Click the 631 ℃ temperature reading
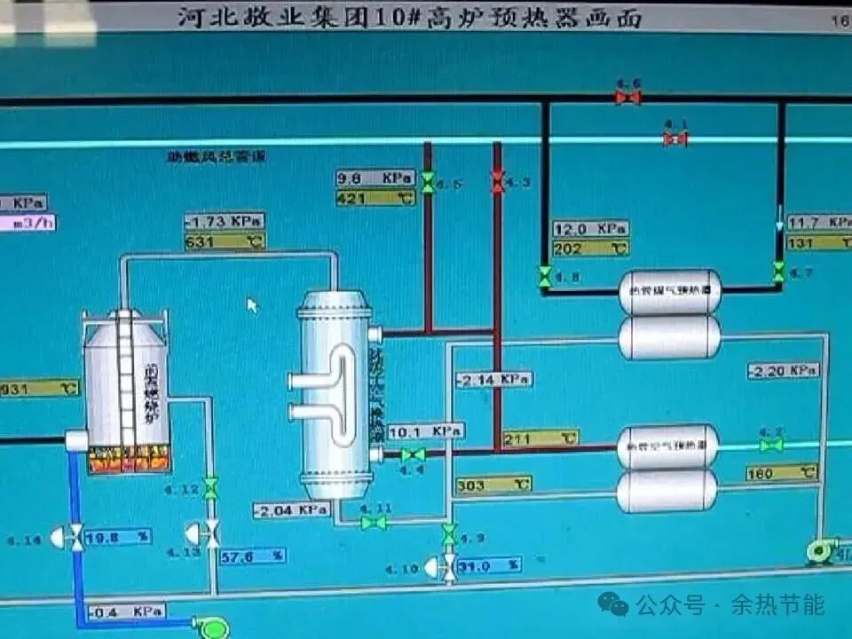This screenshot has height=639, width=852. click(x=224, y=241)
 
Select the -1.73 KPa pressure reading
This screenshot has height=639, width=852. click(x=224, y=221)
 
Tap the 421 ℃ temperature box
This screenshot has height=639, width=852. click(x=375, y=198)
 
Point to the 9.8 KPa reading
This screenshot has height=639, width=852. click(x=375, y=178)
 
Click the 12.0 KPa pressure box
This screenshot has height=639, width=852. click(x=590, y=229)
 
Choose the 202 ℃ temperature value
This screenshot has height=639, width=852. click(x=590, y=248)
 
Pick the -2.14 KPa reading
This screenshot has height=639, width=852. click(x=493, y=380)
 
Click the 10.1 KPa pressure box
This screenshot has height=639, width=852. click(x=425, y=431)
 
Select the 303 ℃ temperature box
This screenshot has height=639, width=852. click(x=493, y=485)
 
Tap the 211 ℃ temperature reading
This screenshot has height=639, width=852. click(x=540, y=438)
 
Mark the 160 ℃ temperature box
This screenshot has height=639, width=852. click(x=781, y=473)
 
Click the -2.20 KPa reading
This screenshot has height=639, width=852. click(x=782, y=370)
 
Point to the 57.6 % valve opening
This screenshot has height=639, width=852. click(x=252, y=556)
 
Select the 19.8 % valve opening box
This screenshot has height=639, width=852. click(x=117, y=536)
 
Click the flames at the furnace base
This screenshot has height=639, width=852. click(x=129, y=461)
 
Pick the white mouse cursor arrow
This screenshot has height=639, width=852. click(x=252, y=305)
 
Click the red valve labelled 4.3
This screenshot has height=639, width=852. click(x=497, y=181)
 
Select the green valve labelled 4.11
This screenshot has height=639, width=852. click(x=374, y=523)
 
